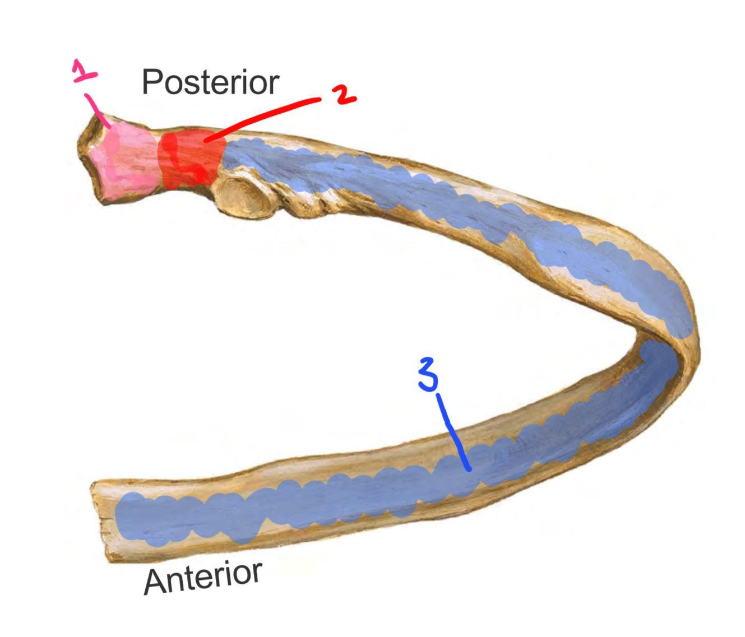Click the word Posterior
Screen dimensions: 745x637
pyautogui.click(x=210, y=82)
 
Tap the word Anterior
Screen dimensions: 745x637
pyautogui.click(x=203, y=577)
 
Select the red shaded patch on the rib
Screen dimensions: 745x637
pyautogui.click(x=191, y=157)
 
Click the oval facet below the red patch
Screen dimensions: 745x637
pyautogui.click(x=243, y=196)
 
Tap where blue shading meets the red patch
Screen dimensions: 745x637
pyautogui.click(x=224, y=151)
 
